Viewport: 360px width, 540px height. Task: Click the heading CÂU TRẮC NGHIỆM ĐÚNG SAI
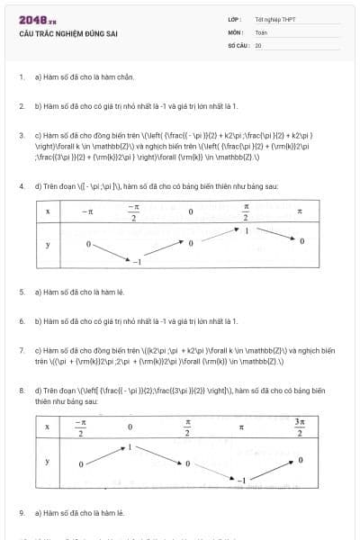[x=67, y=34]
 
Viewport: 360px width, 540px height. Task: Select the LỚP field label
[x=234, y=19]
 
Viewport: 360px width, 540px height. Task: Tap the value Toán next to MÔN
[x=261, y=31]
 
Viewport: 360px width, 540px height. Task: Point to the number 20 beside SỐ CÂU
[x=258, y=44]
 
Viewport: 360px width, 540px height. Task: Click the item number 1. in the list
[x=22, y=77]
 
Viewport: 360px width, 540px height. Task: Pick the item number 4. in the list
[x=22, y=186]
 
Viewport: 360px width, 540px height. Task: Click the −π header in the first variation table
[x=86, y=211]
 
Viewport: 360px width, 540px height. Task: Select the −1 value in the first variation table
[x=138, y=261]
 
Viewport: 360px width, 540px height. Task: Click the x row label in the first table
[x=47, y=211]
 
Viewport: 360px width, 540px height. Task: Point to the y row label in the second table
[x=47, y=461]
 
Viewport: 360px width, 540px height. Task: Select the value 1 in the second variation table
[x=130, y=447]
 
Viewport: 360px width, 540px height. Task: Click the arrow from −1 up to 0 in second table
[x=270, y=470]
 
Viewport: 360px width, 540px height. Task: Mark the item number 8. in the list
[x=22, y=391]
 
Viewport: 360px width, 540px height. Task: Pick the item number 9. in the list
[x=22, y=512]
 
